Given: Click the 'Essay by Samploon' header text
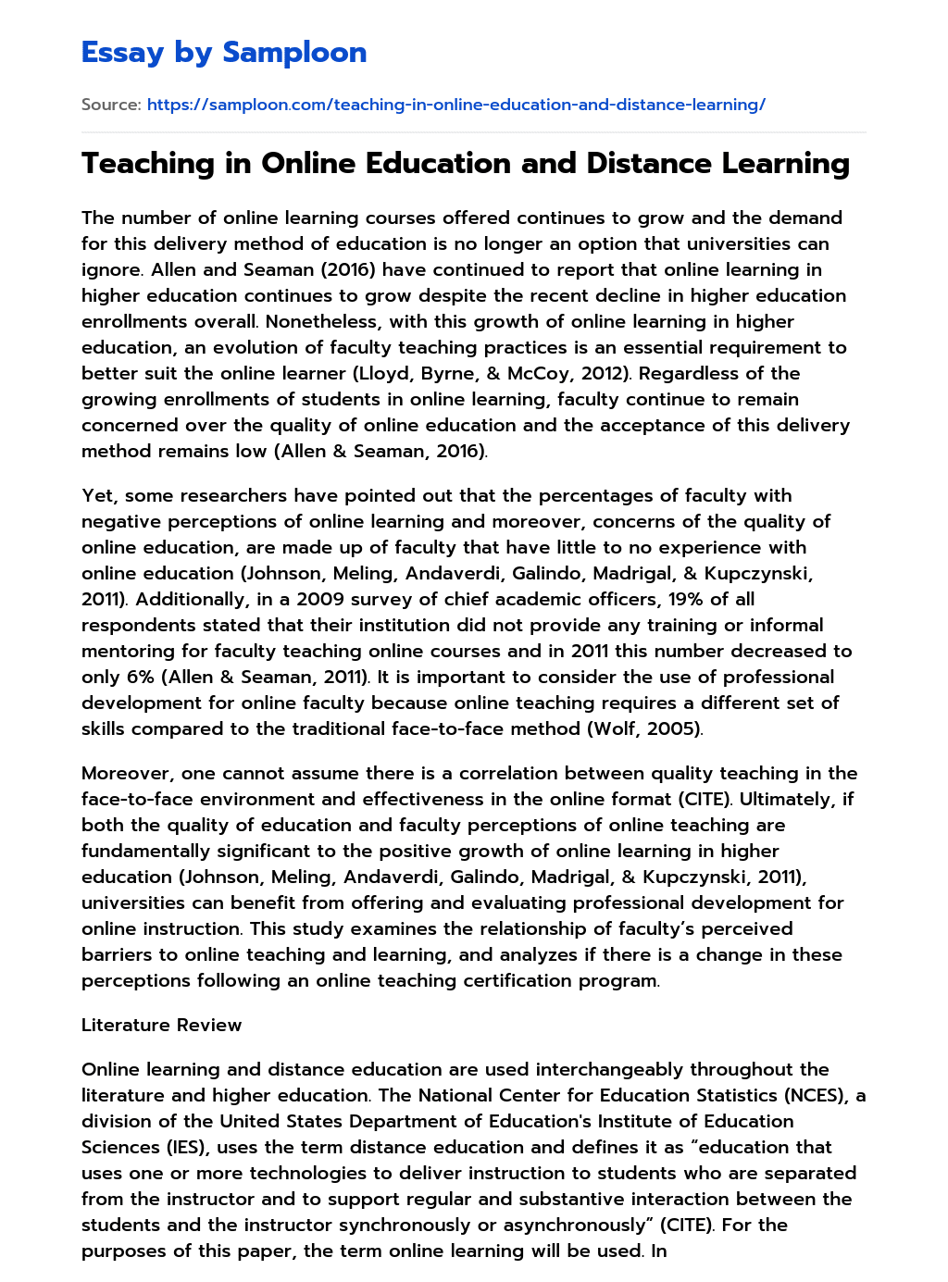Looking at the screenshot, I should (224, 53).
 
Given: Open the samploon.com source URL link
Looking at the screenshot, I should (455, 105).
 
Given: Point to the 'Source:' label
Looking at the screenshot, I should (111, 105).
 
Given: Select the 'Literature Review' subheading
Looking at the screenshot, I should (161, 1025).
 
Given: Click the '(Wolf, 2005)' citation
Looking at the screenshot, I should (644, 728).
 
